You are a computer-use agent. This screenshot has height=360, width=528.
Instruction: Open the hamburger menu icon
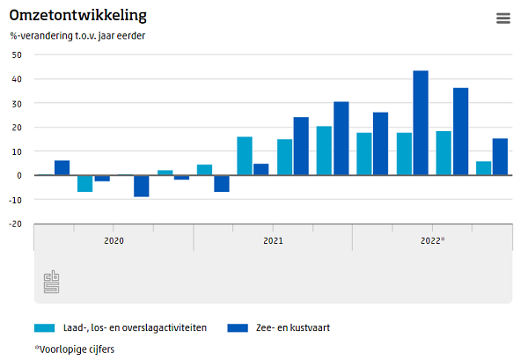tap(503, 18)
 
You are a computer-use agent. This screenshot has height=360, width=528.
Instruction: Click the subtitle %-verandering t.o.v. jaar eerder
tap(77, 36)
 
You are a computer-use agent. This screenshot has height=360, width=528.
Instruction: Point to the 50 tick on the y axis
tap(16, 55)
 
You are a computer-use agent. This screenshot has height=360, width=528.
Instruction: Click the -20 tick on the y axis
tap(14, 224)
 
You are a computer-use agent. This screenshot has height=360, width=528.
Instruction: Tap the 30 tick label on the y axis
tap(16, 103)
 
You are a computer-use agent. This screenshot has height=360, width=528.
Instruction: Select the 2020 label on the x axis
tap(114, 239)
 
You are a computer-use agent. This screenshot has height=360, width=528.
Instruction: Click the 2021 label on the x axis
tap(273, 239)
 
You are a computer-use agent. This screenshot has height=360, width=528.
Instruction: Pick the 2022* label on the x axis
tap(432, 239)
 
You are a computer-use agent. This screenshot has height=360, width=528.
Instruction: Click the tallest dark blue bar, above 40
tap(421, 122)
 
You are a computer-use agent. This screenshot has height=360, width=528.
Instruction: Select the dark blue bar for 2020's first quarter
tap(62, 168)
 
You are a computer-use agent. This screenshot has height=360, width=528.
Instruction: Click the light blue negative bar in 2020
tap(84, 183)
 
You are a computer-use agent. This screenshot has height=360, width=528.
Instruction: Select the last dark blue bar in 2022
tap(500, 157)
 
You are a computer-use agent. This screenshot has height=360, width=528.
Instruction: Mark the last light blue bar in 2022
tap(483, 168)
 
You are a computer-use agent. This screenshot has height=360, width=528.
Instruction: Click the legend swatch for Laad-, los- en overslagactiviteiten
tap(45, 327)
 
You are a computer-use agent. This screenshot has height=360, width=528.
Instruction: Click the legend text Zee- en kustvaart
tap(292, 327)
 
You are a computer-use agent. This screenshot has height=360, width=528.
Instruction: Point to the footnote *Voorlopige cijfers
tap(75, 349)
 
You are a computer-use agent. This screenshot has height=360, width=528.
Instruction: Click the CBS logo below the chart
tap(52, 283)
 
